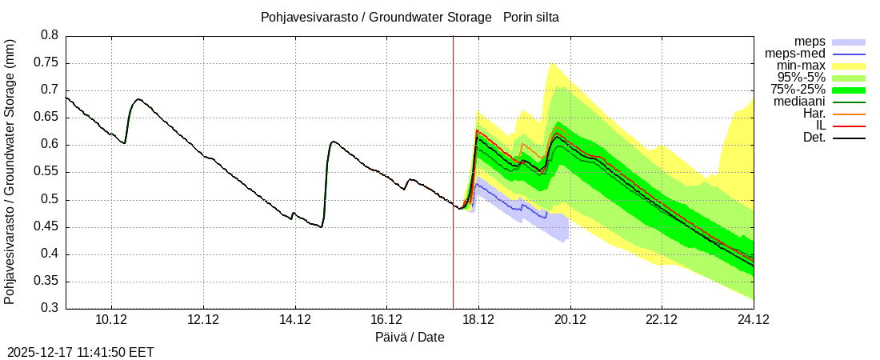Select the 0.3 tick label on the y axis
[50, 309]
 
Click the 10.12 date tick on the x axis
[111, 320]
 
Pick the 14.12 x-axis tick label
[295, 320]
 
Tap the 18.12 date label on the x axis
[478, 320]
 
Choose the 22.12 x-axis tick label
[662, 320]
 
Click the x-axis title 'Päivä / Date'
[410, 338]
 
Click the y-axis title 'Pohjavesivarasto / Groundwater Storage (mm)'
[10, 171]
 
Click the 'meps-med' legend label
[797, 54]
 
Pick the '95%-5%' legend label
[801, 78]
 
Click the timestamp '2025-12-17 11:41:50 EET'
[81, 352]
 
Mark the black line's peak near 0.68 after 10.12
[138, 99]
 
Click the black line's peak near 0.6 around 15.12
[333, 142]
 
